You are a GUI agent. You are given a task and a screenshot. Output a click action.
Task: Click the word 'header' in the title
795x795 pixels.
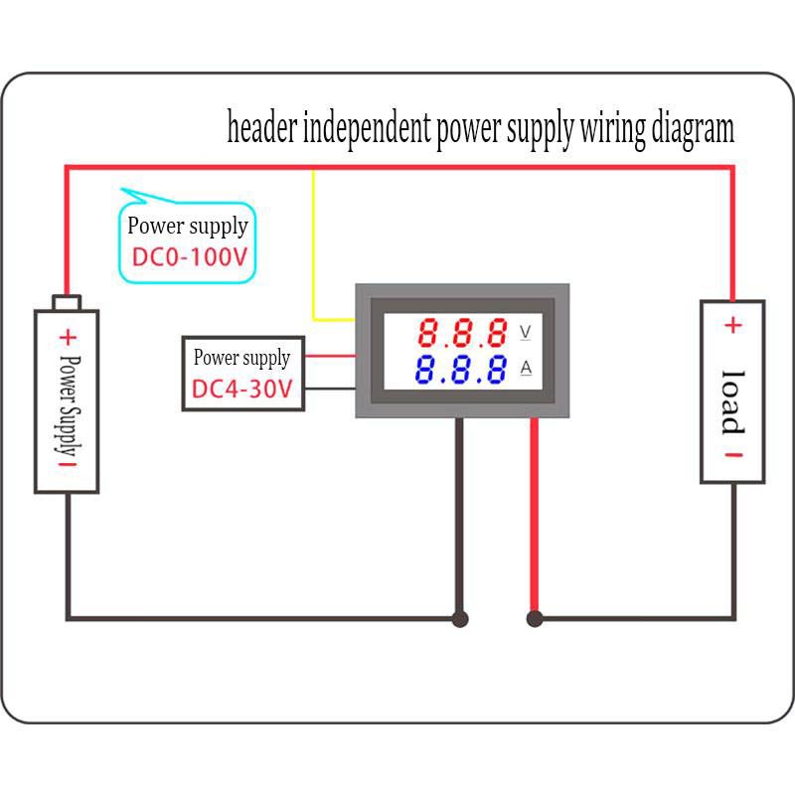(260, 128)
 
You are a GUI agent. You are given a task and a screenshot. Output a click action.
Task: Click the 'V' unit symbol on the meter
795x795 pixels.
(526, 331)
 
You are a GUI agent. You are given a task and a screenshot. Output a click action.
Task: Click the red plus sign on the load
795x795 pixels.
(731, 325)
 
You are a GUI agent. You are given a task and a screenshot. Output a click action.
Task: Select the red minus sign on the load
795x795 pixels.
(731, 456)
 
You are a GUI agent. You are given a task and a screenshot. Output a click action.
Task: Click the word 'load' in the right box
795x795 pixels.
(731, 400)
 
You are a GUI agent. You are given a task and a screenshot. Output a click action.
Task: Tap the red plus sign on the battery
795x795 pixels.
(68, 336)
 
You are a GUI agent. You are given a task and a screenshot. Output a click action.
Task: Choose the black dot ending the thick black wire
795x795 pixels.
(459, 618)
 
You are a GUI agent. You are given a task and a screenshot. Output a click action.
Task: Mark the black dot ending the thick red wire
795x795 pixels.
(535, 618)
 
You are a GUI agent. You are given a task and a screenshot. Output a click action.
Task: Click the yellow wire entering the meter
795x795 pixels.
(314, 248)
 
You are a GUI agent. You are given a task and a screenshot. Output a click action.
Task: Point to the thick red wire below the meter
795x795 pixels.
(535, 517)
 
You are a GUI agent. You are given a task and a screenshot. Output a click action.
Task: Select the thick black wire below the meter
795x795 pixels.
(459, 517)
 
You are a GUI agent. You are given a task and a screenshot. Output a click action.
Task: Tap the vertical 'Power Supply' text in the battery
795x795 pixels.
(68, 402)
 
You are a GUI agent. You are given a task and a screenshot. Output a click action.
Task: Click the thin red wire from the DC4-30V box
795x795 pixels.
(330, 355)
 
